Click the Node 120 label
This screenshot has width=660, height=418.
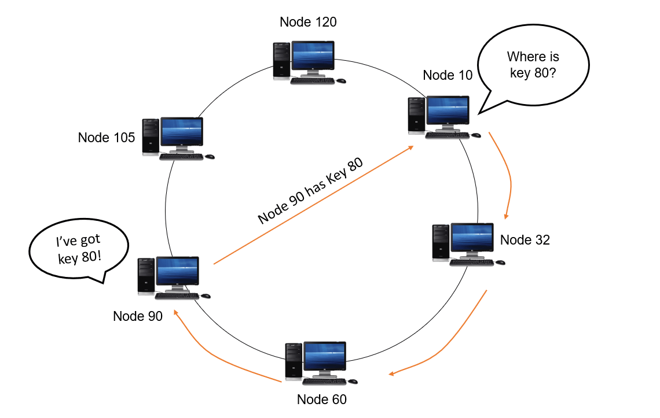tap(308, 23)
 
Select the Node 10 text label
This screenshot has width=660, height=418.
tap(448, 75)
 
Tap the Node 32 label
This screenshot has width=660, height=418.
tap(525, 240)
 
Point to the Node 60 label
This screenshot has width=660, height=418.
tap(321, 399)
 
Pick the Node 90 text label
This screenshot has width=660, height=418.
tap(138, 316)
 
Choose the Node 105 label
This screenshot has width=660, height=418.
tap(106, 138)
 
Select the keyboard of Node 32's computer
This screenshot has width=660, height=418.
tap(471, 262)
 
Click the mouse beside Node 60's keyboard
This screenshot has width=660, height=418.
tap(353, 382)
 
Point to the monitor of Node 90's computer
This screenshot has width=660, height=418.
tap(178, 273)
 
